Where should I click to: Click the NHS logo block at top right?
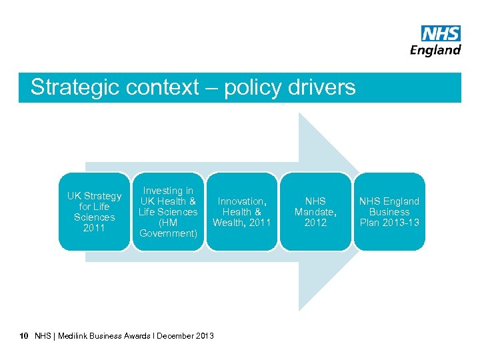[441, 33]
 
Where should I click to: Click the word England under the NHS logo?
[435, 50]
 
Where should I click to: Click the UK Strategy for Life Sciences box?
[94, 212]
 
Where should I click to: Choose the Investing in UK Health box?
[168, 212]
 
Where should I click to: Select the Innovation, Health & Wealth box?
[242, 212]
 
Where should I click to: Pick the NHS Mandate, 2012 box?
[315, 212]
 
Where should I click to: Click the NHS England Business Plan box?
[389, 212]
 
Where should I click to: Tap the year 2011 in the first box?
[94, 228]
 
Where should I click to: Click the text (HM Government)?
[168, 228]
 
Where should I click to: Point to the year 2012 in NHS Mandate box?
[315, 223]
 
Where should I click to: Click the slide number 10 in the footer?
[24, 335]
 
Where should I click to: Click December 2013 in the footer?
[186, 335]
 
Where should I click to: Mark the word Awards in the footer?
[137, 335]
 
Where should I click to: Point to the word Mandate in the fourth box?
[313, 212]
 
